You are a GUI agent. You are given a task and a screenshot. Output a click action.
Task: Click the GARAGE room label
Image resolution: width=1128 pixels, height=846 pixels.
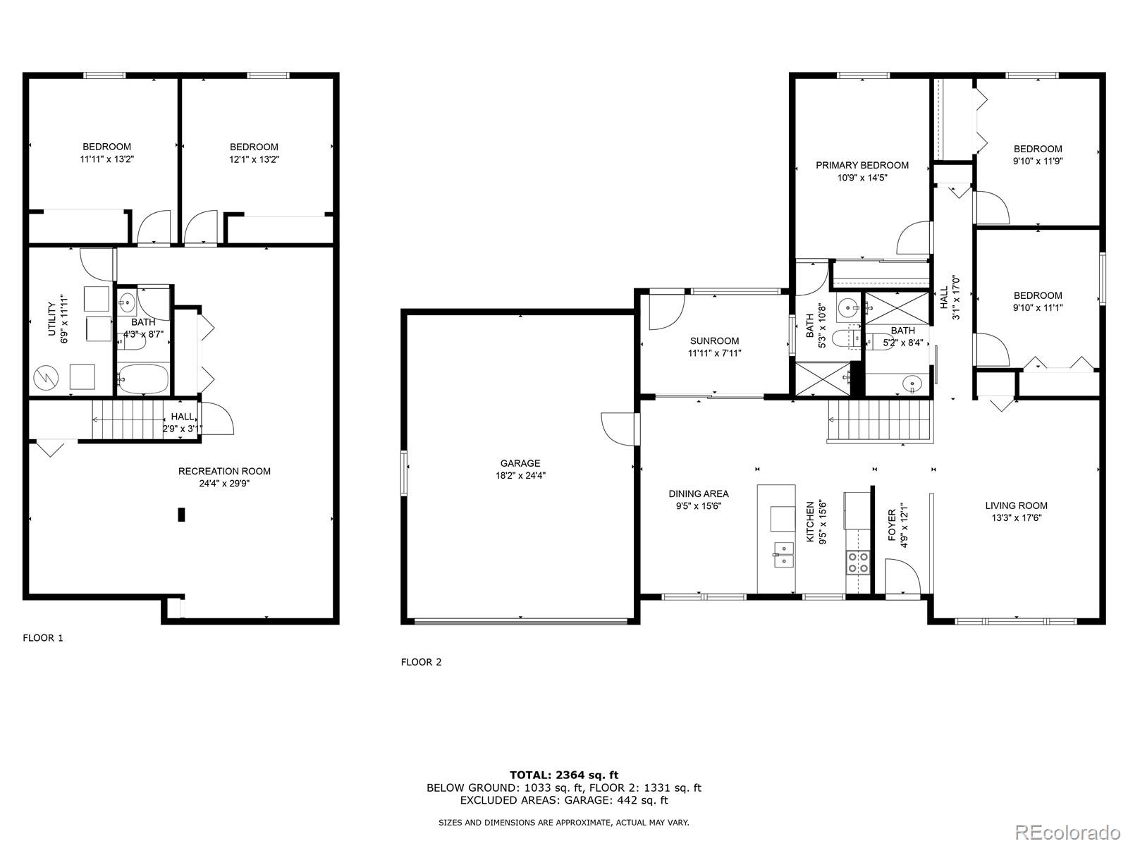[x=520, y=463]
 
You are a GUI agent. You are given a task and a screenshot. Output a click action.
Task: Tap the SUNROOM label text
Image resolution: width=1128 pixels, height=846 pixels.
[x=714, y=341]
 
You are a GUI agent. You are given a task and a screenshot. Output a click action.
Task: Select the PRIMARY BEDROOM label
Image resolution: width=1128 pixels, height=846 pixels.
[x=862, y=165]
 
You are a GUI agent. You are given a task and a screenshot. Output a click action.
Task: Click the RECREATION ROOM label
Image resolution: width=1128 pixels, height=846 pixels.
[x=224, y=471]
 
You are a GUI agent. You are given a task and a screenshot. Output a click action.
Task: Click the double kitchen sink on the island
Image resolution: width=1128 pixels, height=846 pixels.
[x=783, y=555]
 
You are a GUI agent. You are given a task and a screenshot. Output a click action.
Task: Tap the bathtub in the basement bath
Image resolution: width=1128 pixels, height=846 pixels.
[x=143, y=379]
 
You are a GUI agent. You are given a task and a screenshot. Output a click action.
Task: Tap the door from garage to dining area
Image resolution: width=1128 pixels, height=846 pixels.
[x=618, y=429]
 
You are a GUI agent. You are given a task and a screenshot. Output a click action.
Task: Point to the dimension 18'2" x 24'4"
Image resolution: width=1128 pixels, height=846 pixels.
[x=520, y=476]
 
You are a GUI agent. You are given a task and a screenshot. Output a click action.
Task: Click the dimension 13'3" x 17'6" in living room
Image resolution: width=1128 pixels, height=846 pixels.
[x=1016, y=517]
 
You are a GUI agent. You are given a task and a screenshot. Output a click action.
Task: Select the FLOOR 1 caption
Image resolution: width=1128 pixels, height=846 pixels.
[x=43, y=638]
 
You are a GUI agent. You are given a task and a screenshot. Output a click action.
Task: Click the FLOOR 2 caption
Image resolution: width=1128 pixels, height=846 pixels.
[x=421, y=662]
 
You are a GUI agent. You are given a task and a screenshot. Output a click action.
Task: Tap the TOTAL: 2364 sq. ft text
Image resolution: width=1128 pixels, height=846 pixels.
[x=563, y=775]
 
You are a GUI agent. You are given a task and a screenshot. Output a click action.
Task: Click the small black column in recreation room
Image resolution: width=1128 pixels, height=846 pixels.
[x=181, y=515]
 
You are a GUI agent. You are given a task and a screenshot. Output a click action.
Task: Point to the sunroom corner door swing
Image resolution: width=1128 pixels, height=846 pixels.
[x=666, y=312]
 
